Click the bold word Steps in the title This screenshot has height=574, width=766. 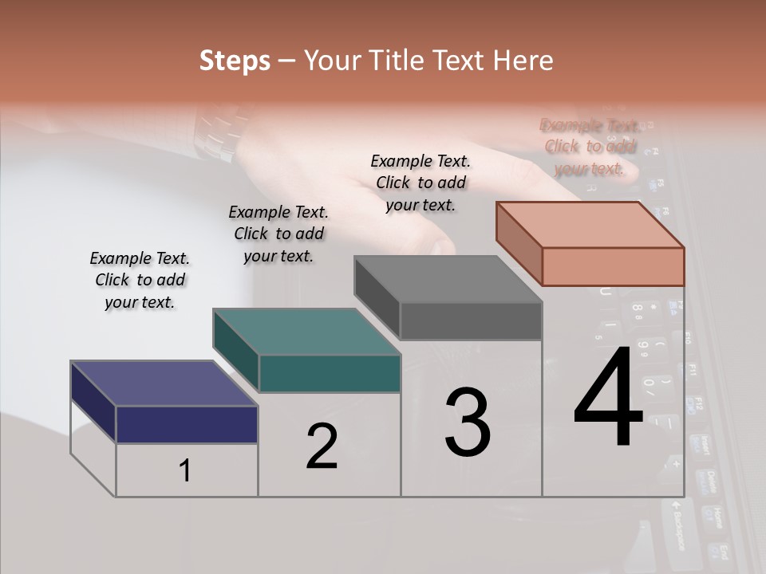[235, 61]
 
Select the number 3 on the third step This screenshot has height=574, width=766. [467, 423]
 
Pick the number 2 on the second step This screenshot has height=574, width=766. [322, 446]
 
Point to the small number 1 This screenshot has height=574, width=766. [185, 471]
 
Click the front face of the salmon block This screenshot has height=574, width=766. [613, 266]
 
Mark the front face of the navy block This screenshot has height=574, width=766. [187, 424]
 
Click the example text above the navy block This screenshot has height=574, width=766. [140, 280]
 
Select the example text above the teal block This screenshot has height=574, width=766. [278, 234]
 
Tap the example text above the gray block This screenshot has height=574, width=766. [421, 183]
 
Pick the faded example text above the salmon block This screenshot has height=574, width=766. [590, 147]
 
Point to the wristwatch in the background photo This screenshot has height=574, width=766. [214, 132]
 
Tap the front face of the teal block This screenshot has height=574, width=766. [329, 373]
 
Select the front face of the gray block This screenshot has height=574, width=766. [471, 321]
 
